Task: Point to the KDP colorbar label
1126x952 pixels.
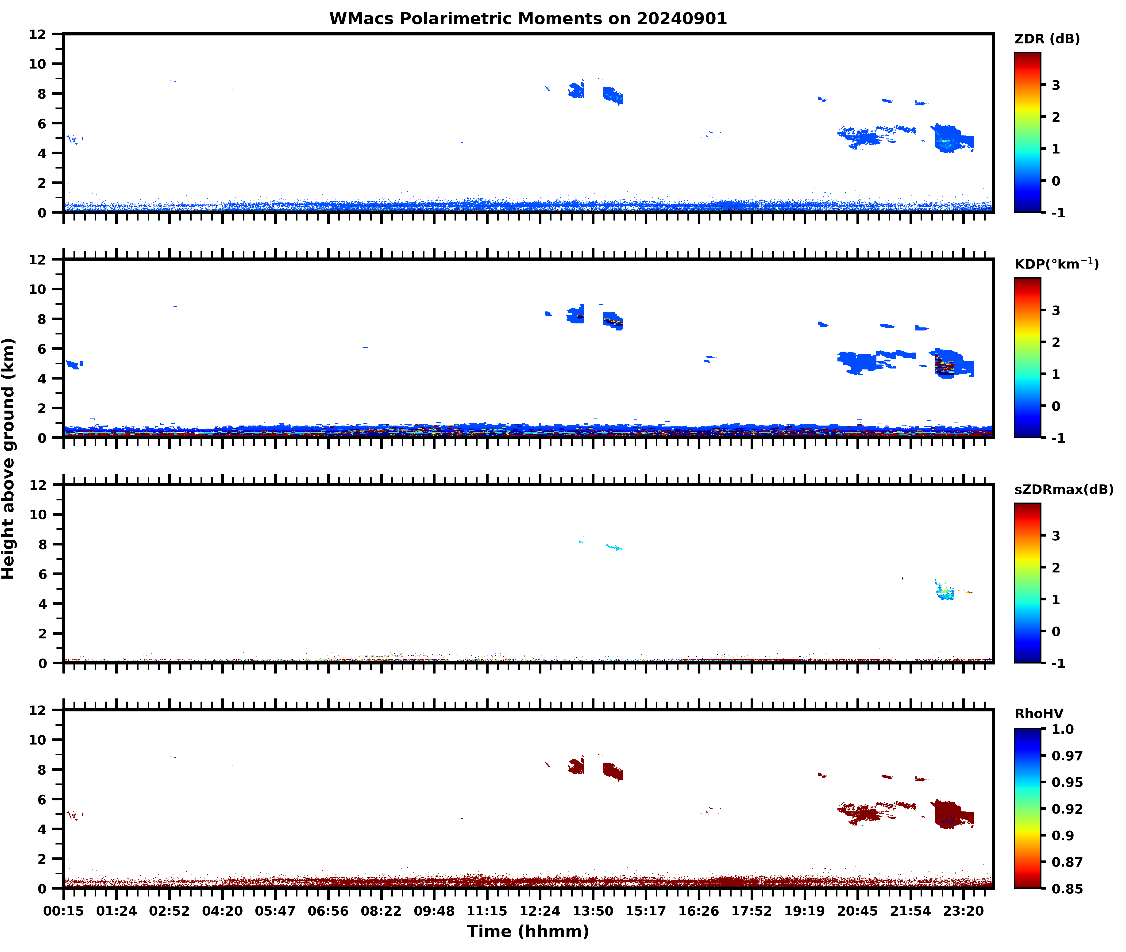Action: pos(1056,264)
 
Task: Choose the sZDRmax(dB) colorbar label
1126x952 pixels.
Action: pos(1063,489)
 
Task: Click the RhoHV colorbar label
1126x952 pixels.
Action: pos(1039,714)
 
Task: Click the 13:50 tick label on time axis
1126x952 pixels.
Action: pos(593,911)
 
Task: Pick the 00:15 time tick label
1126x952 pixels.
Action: pos(64,911)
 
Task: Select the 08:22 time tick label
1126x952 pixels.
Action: pos(381,911)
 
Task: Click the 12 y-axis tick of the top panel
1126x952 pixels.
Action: pos(38,35)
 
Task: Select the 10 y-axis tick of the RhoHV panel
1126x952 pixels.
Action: pos(38,740)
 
